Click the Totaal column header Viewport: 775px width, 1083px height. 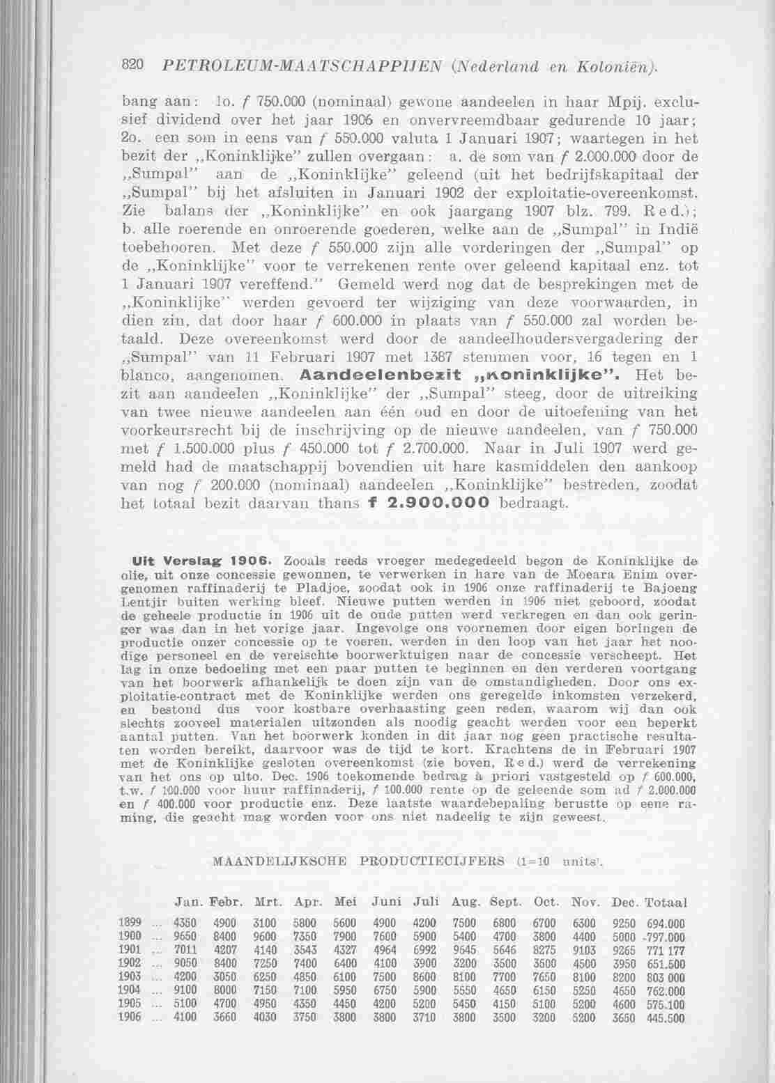(666, 902)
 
